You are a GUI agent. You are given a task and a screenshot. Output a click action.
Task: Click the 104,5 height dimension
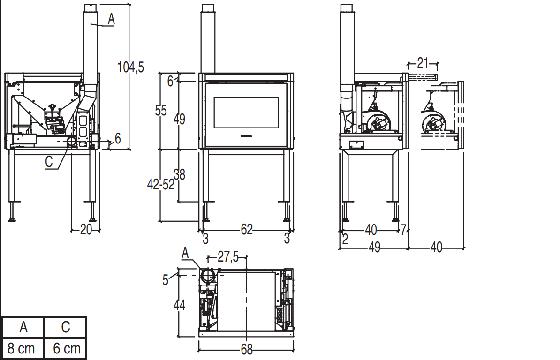[x=131, y=67]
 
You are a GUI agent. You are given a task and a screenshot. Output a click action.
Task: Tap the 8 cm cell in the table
[x=22, y=348]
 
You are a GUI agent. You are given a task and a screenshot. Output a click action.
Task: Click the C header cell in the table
[x=66, y=327]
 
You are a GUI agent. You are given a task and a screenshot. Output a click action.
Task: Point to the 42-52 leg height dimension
[x=161, y=185]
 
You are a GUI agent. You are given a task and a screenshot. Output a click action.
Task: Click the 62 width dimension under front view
[x=247, y=229]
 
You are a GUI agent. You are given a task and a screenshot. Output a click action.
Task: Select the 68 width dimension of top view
[x=247, y=349]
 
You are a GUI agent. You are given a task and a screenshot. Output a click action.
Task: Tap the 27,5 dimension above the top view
[x=228, y=256]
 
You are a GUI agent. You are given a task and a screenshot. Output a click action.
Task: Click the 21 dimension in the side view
[x=423, y=63]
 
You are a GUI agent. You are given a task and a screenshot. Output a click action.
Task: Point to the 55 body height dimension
[x=161, y=110]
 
